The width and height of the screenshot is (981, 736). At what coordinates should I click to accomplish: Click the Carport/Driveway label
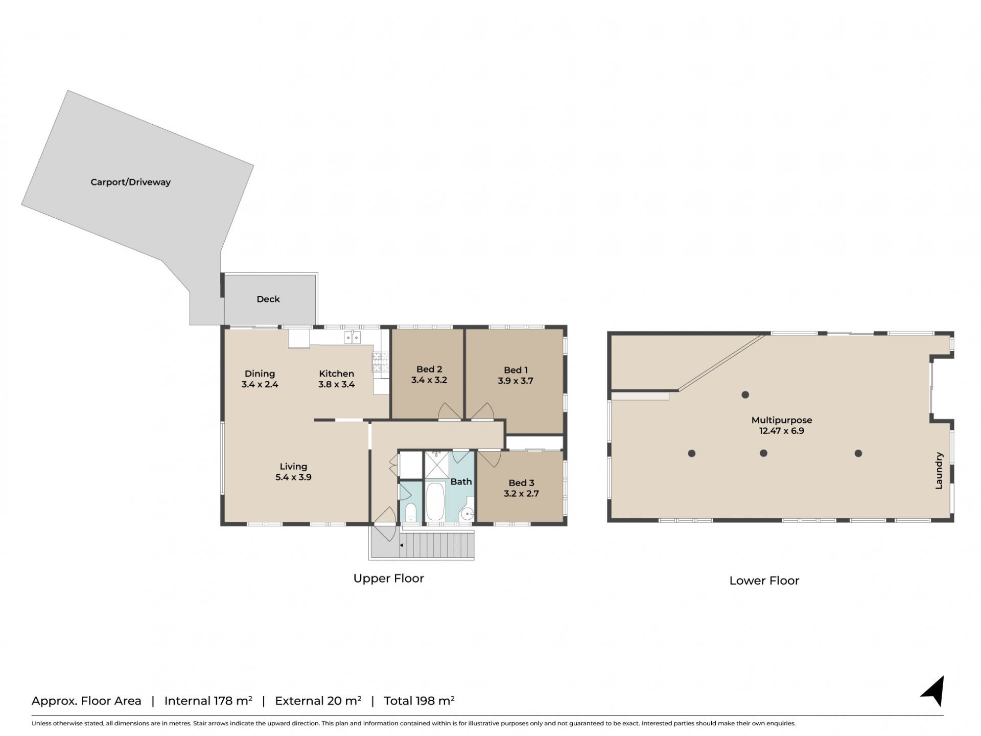coord(130,182)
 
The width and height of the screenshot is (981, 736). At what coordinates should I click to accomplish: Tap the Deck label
coord(268,299)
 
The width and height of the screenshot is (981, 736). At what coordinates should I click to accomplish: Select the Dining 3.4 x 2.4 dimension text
coord(260,384)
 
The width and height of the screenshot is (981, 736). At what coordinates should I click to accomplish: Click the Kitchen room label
coord(337,374)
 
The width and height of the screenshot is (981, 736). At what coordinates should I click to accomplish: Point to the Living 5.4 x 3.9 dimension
coord(293,477)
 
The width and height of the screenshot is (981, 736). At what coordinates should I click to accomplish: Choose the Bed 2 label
coord(429,369)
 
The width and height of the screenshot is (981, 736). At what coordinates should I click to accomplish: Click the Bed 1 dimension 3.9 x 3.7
coord(516,381)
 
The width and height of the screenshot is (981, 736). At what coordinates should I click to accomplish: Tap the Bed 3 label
coord(521,482)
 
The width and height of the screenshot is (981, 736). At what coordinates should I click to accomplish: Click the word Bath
coord(461,481)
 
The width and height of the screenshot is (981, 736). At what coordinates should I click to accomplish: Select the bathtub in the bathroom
coord(435,502)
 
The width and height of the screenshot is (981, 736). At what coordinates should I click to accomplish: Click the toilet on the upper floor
coord(411,513)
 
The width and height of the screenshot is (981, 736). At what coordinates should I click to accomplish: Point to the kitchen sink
coord(353,337)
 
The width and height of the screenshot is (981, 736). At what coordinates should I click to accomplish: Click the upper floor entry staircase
coord(437,545)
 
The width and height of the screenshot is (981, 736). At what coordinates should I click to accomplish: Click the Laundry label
coord(939,471)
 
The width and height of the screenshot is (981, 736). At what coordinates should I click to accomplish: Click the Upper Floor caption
coord(389,578)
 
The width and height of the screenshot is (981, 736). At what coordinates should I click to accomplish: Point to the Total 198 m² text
coord(419,701)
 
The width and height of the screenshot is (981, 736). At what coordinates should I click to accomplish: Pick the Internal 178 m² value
coord(208,701)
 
